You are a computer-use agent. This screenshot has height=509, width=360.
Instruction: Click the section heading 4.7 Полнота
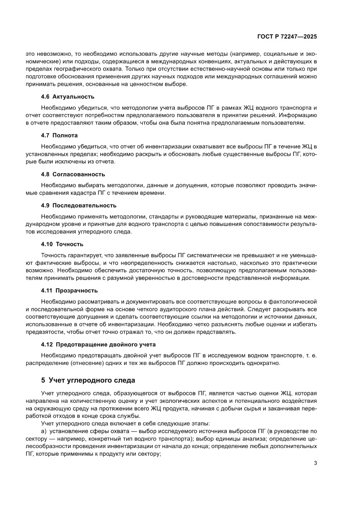[59, 135]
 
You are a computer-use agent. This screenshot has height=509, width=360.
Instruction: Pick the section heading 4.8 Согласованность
[73, 174]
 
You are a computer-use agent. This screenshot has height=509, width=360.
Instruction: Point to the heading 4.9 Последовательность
[78, 205]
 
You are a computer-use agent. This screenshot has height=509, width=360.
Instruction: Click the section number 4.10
[47, 244]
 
